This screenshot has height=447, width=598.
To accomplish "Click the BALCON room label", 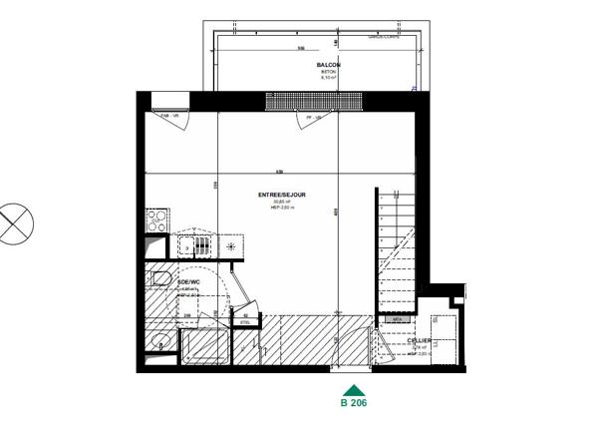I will pos(329,65).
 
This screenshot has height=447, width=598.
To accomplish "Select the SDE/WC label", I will pos(189,282).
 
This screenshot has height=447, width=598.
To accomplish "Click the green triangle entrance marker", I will pos(352,392).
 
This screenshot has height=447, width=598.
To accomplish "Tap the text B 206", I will pos(354,405).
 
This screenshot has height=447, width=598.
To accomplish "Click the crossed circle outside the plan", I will pos(15,223).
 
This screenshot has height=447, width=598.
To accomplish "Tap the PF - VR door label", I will pos(316,117).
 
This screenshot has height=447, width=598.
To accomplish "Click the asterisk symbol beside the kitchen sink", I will pos(232,245).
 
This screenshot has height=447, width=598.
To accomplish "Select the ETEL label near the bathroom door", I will pos(246,323).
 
